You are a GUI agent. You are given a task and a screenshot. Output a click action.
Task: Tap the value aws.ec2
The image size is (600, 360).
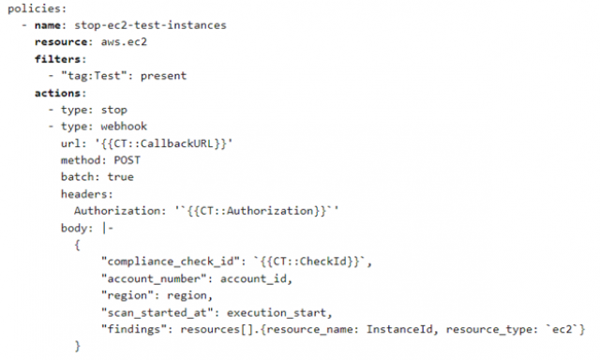115,42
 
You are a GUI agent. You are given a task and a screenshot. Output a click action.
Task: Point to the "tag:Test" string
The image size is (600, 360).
92,75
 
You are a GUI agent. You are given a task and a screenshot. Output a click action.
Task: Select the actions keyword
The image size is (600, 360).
59,93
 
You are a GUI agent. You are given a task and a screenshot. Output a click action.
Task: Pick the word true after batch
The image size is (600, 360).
120,176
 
